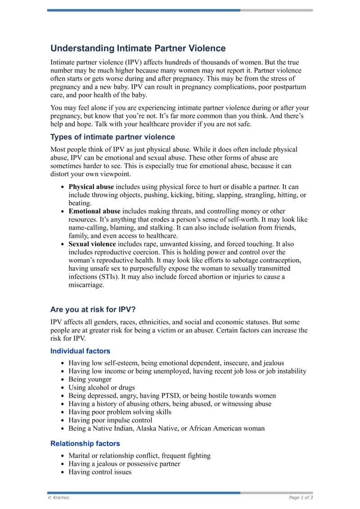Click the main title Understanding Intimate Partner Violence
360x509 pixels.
click(138, 48)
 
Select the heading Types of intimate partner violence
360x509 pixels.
click(112, 137)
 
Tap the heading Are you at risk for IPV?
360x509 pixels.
click(96, 310)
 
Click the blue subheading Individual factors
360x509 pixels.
click(80, 351)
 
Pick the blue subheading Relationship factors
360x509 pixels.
click(85, 444)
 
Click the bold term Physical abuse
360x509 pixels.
click(91, 186)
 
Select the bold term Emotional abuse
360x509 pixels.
click(94, 211)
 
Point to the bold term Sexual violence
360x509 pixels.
click(92, 244)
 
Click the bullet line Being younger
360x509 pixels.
click(90, 379)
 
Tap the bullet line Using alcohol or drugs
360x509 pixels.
click(101, 387)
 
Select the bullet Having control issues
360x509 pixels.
click(100, 472)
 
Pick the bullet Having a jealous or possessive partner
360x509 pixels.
click(124, 464)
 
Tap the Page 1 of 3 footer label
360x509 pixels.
click(301, 497)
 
